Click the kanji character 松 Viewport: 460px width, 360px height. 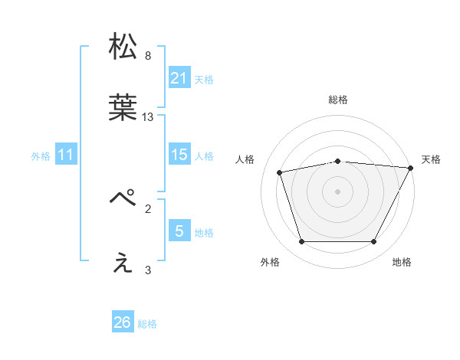pyautogui.click(x=123, y=46)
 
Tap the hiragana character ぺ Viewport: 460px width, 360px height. pyautogui.click(x=123, y=198)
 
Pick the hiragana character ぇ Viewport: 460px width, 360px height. pyautogui.click(x=123, y=263)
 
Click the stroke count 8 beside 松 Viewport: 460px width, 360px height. pyautogui.click(x=148, y=56)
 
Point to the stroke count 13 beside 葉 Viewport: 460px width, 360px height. pyautogui.click(x=148, y=117)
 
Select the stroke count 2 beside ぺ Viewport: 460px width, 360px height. pyautogui.click(x=148, y=208)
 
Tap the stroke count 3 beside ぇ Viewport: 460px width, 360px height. pyautogui.click(x=148, y=270)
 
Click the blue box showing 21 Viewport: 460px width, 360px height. pyautogui.click(x=179, y=78)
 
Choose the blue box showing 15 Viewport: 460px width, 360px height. pyautogui.click(x=179, y=155)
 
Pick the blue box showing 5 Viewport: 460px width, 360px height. pyautogui.click(x=179, y=231)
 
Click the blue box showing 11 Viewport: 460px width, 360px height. pyautogui.click(x=66, y=155)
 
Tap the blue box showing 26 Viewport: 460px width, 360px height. pyautogui.click(x=123, y=322)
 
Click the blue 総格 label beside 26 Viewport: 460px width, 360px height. pyautogui.click(x=147, y=324)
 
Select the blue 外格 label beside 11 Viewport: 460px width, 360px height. pyautogui.click(x=41, y=156)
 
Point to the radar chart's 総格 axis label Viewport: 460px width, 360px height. pyautogui.click(x=338, y=100)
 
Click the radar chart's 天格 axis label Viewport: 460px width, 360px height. pyautogui.click(x=432, y=159)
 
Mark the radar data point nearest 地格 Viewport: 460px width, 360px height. pyautogui.click(x=373, y=242)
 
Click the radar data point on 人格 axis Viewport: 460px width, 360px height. pyautogui.click(x=280, y=172)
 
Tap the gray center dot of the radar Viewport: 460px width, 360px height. pyautogui.click(x=338, y=191)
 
